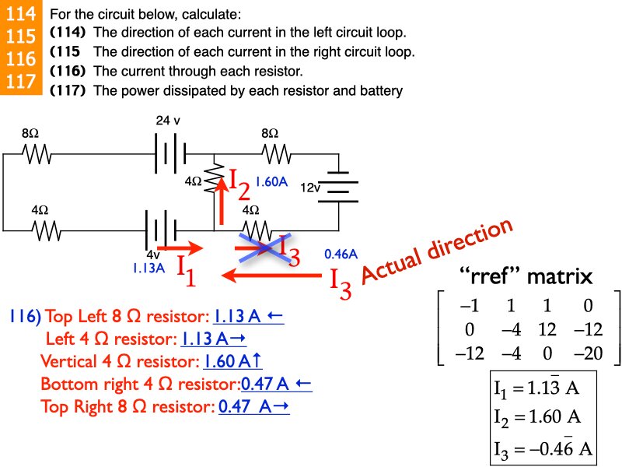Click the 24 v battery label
pyautogui.click(x=168, y=121)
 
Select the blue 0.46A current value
pyautogui.click(x=341, y=254)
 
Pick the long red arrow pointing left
pyautogui.click(x=272, y=275)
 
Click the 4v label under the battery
pyautogui.click(x=153, y=254)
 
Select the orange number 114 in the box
pyautogui.click(x=19, y=14)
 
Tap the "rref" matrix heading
pyautogui.click(x=526, y=276)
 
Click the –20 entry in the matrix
pyautogui.click(x=594, y=353)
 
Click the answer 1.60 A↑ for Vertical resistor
pyautogui.click(x=231, y=361)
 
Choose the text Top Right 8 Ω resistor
pyautogui.click(x=127, y=406)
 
